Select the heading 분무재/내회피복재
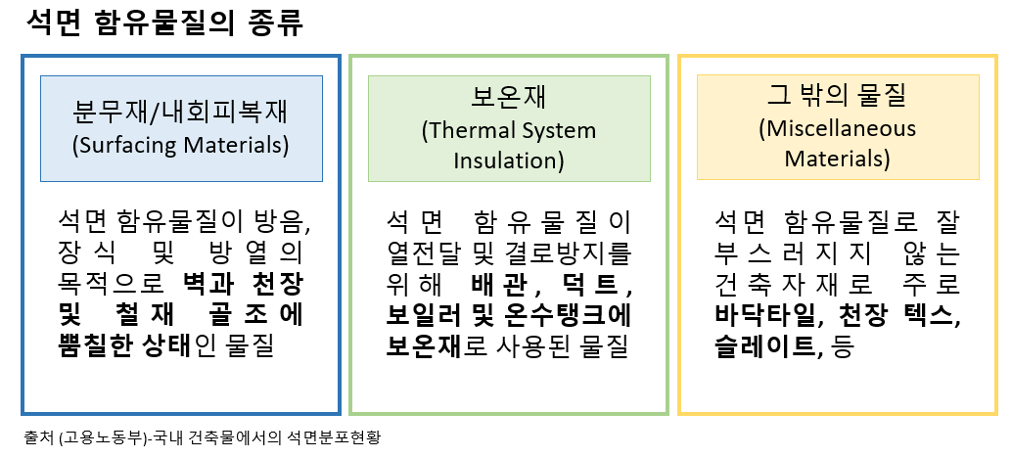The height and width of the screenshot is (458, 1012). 181,112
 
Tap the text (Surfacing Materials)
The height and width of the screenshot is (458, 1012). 181,145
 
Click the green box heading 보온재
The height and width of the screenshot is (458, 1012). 509,98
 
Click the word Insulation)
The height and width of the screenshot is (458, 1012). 509,160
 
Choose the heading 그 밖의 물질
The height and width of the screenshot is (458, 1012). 837,96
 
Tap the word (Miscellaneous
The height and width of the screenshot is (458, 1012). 837,128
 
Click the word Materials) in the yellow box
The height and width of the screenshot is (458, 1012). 837,158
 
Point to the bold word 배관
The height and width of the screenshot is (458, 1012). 495,284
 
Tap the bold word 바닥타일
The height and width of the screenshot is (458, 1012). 764,315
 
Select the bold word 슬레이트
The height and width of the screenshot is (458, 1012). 764,347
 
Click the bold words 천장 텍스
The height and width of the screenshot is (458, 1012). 894,315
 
